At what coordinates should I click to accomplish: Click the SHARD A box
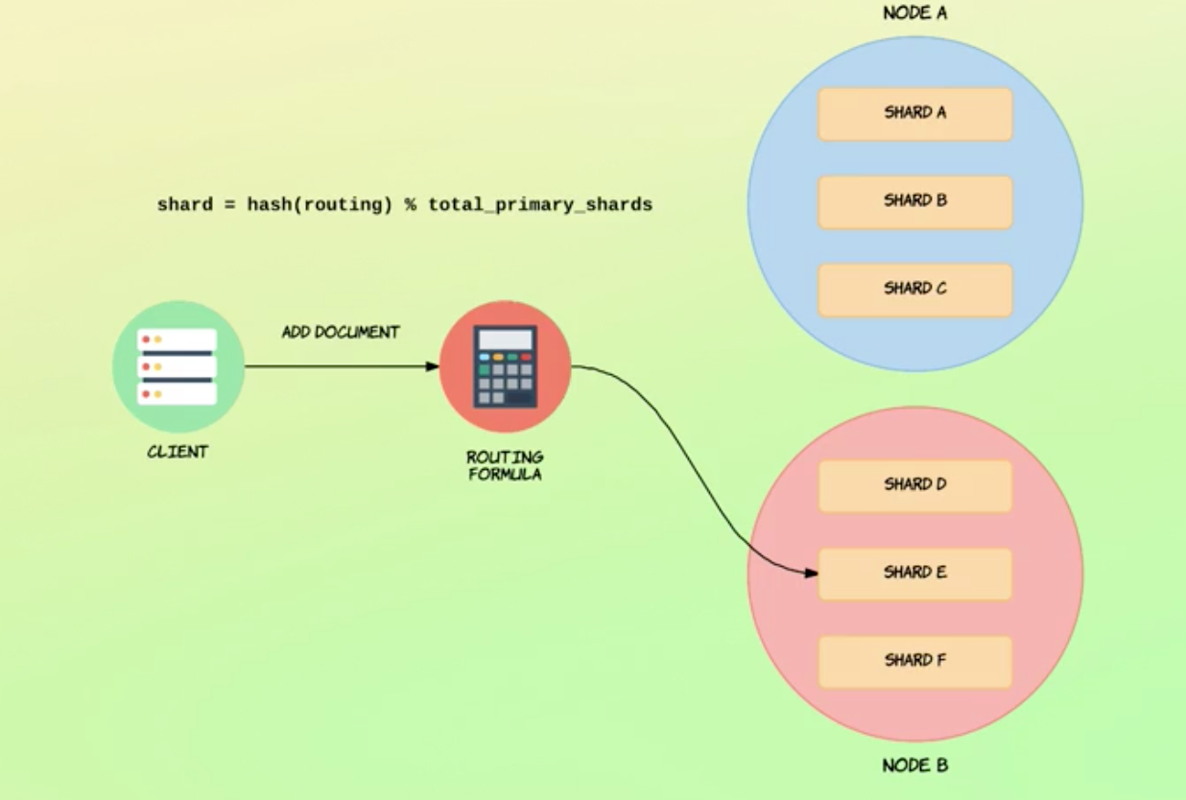914,113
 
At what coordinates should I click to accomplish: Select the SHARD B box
914,201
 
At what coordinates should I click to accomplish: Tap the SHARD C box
914,289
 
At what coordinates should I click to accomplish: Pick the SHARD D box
914,485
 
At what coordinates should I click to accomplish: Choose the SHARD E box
914,574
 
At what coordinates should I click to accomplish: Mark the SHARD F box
914,661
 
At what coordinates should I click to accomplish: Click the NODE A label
914,13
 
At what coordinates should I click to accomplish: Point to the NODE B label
914,765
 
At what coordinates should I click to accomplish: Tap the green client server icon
178,366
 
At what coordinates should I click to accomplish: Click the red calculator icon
505,366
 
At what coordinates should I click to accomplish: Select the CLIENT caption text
178,452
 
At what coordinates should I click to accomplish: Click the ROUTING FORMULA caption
505,465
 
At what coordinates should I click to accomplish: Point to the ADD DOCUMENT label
340,332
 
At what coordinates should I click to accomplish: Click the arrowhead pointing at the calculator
432,366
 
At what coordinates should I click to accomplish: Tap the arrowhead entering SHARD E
811,574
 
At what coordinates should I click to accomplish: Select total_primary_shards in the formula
540,204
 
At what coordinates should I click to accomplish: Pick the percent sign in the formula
410,204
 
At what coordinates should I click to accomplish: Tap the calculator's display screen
505,340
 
